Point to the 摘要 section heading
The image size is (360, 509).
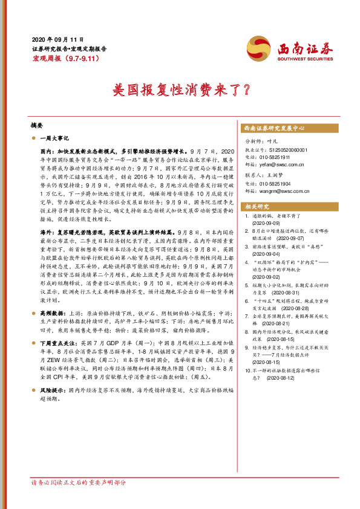click(37, 125)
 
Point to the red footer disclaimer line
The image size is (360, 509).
click(79, 482)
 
